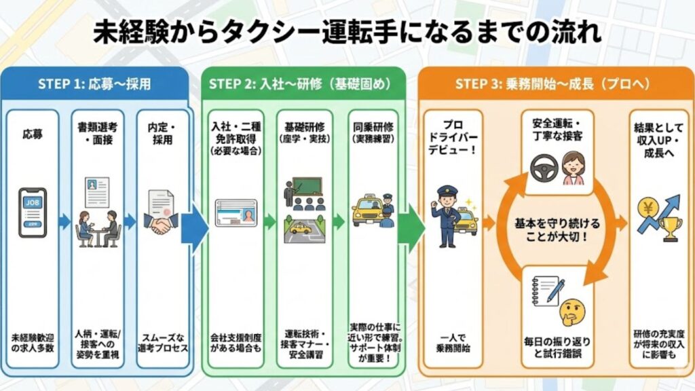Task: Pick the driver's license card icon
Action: [236, 213]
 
